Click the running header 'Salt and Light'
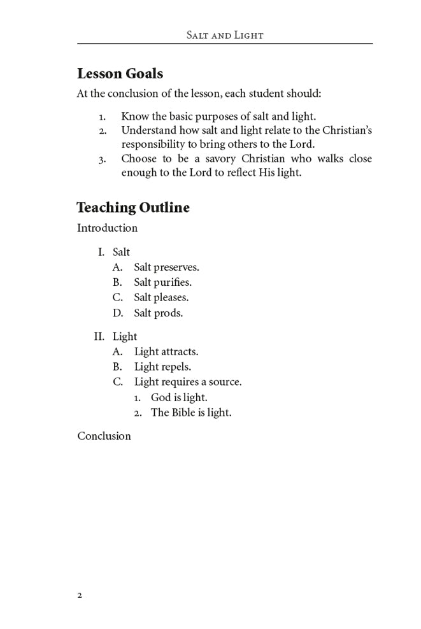tap(224, 35)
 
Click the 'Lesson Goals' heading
tap(120, 73)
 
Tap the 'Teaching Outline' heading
tap(133, 208)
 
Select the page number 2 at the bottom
tap(80, 595)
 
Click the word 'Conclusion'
tap(104, 436)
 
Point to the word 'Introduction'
tap(107, 228)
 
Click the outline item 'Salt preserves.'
tap(166, 267)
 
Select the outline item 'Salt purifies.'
tap(162, 283)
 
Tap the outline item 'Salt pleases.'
tap(161, 297)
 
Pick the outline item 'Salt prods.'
tap(158, 313)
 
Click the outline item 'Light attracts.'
tap(166, 351)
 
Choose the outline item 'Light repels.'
tap(162, 367)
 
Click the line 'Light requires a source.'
tap(188, 382)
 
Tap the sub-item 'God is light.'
tap(179, 397)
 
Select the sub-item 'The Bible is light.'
tap(191, 413)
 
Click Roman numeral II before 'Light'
tap(99, 336)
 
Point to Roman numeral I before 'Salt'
tap(101, 252)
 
